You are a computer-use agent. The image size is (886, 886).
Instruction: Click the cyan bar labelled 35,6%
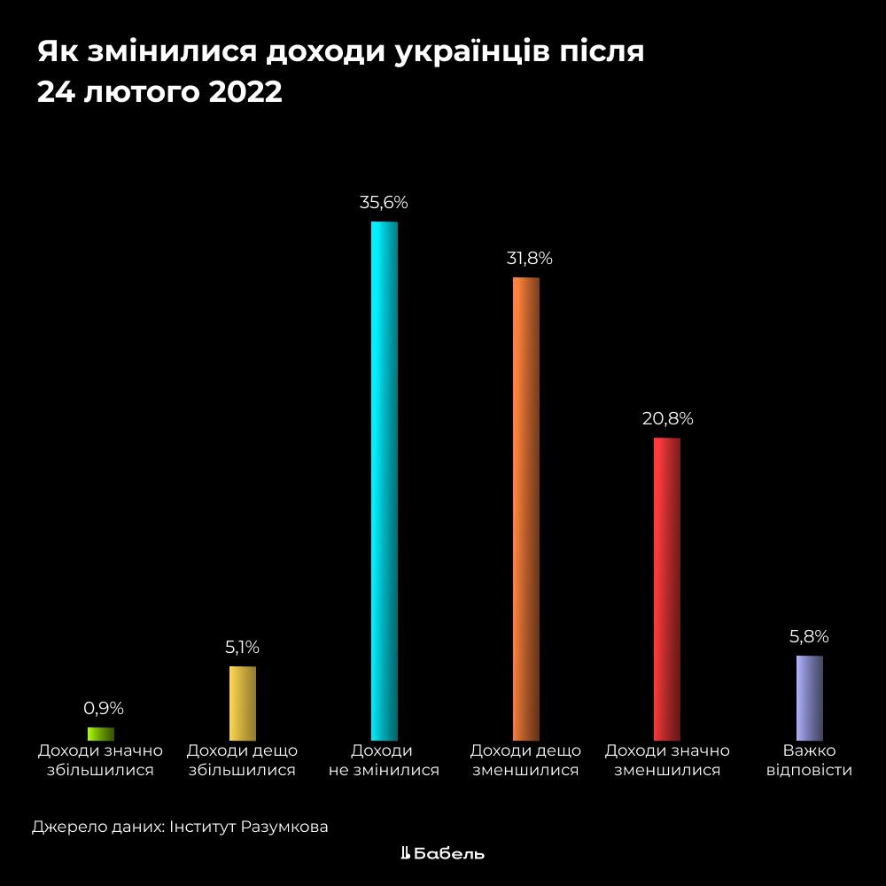384,478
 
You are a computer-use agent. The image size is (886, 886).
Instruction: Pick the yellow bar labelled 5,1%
243,702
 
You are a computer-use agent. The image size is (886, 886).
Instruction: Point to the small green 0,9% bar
101,733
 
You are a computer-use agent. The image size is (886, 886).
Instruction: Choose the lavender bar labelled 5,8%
809,696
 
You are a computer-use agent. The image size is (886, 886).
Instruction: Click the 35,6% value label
384,203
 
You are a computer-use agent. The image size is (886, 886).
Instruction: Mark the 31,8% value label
529,259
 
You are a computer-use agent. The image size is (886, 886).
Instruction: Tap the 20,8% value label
667,419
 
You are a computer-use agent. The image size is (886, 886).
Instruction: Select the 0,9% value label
104,708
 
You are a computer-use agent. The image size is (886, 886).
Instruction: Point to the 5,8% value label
809,636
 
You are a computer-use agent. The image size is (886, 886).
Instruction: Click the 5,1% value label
242,648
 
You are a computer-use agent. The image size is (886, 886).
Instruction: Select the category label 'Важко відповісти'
809,760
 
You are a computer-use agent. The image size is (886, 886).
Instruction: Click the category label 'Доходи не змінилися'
384,760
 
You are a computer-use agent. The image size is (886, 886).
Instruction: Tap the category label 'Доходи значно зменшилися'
667,760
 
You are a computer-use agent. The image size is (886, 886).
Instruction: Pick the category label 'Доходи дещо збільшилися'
242,760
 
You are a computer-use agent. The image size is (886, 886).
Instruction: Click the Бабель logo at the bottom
443,853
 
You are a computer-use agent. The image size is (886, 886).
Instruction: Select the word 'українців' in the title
453,52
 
